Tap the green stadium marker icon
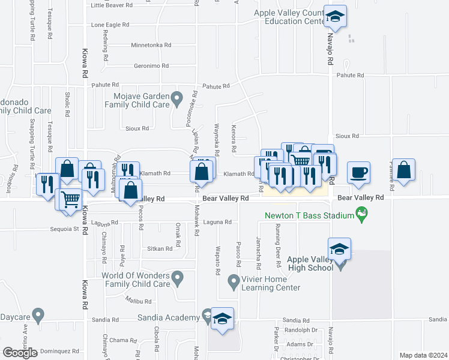(361, 213)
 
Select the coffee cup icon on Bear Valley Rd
(358, 172)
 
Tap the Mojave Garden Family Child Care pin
(176, 97)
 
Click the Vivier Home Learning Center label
(271, 283)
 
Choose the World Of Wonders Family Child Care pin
(176, 278)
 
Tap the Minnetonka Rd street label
(151, 46)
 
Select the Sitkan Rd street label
(160, 248)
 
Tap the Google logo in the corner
(20, 353)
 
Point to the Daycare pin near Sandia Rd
(38, 314)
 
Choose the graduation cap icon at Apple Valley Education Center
(336, 16)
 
